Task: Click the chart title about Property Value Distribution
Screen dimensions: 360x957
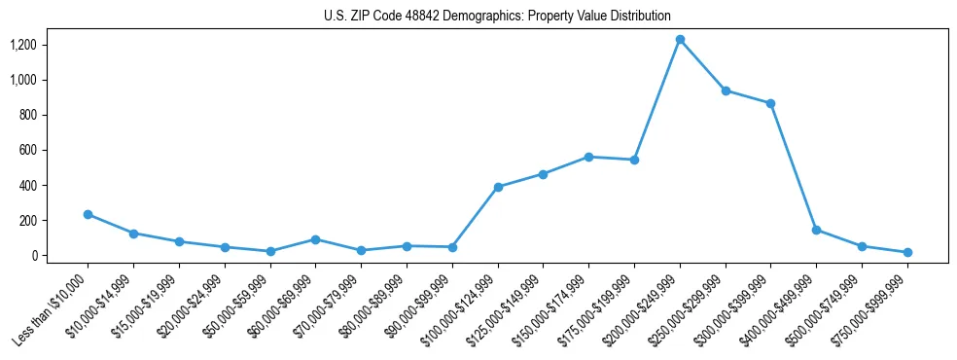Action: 497,16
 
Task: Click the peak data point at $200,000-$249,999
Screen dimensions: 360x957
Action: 680,40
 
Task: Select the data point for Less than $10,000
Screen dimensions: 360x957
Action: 88,214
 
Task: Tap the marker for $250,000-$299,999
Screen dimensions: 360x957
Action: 726,90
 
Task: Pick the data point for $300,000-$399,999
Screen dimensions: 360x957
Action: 771,103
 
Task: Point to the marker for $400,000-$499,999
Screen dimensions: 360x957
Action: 816,230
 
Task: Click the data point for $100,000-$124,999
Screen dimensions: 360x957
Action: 498,187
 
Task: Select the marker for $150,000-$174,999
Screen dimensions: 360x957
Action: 588,157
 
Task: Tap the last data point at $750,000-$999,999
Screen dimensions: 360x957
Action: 907,252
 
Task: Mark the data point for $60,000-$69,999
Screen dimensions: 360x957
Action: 315,239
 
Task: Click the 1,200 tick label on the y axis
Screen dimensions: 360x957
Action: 23,45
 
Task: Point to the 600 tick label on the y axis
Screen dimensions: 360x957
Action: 29,150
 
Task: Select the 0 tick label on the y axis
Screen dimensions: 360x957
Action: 36,256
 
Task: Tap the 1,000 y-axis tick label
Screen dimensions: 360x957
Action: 23,80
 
